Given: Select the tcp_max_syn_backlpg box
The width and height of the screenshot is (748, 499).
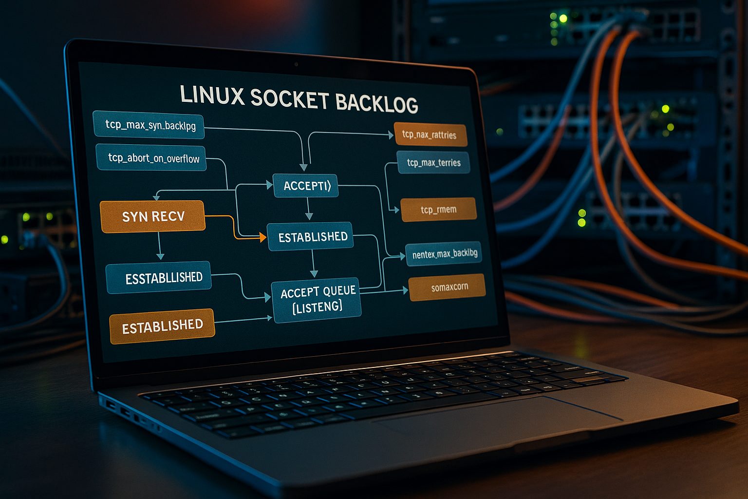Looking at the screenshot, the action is (150, 125).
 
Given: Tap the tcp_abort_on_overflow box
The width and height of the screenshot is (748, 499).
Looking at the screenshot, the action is (151, 158).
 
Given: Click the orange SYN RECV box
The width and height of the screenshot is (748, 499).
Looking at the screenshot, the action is (152, 216).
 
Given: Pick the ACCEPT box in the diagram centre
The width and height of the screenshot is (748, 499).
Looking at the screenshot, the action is (305, 186).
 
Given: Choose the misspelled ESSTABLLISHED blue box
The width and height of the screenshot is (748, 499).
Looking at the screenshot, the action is (159, 277).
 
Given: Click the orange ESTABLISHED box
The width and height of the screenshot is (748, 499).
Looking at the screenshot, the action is (162, 326).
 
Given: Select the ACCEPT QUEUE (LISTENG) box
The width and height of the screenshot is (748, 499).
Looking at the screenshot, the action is (317, 300).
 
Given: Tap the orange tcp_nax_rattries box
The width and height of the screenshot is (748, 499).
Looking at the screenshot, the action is (430, 134).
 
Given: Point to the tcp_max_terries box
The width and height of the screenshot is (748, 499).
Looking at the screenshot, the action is (433, 162).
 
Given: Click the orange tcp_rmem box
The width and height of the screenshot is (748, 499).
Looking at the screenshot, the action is (438, 210).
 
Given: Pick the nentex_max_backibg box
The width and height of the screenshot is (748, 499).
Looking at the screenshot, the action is (444, 254).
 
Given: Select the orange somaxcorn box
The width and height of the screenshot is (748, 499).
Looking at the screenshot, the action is (447, 287).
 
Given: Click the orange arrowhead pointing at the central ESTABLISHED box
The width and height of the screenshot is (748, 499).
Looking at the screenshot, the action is (263, 238).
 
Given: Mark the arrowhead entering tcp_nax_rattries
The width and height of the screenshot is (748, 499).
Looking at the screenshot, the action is (391, 134).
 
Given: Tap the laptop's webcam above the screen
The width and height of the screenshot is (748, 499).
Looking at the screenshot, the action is (296, 64).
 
